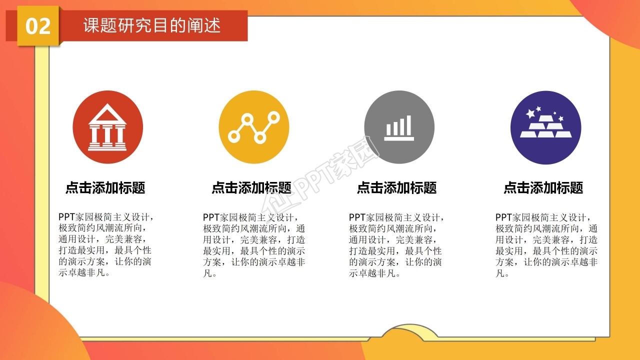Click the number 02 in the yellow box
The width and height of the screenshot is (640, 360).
point(38,26)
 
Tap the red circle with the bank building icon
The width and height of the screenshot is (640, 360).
point(107,127)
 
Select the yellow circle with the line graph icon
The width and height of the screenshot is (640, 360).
point(253,127)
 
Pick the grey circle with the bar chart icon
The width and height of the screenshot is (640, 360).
point(399,127)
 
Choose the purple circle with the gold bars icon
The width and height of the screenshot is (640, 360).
point(545,127)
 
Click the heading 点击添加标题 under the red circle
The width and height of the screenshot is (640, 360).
point(105,188)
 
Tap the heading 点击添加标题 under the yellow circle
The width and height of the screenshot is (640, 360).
point(251,188)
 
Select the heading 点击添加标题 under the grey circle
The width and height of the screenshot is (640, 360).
point(397,188)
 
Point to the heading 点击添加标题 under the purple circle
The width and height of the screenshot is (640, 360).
point(543,188)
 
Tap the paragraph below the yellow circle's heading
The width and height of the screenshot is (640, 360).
point(253,245)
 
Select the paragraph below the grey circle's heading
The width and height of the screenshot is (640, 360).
point(396,245)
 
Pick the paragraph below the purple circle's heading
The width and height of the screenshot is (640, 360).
point(546,245)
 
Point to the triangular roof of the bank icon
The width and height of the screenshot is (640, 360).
point(107,114)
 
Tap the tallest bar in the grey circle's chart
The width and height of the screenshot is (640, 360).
point(408,125)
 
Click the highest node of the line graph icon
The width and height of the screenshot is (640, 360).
point(273,117)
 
